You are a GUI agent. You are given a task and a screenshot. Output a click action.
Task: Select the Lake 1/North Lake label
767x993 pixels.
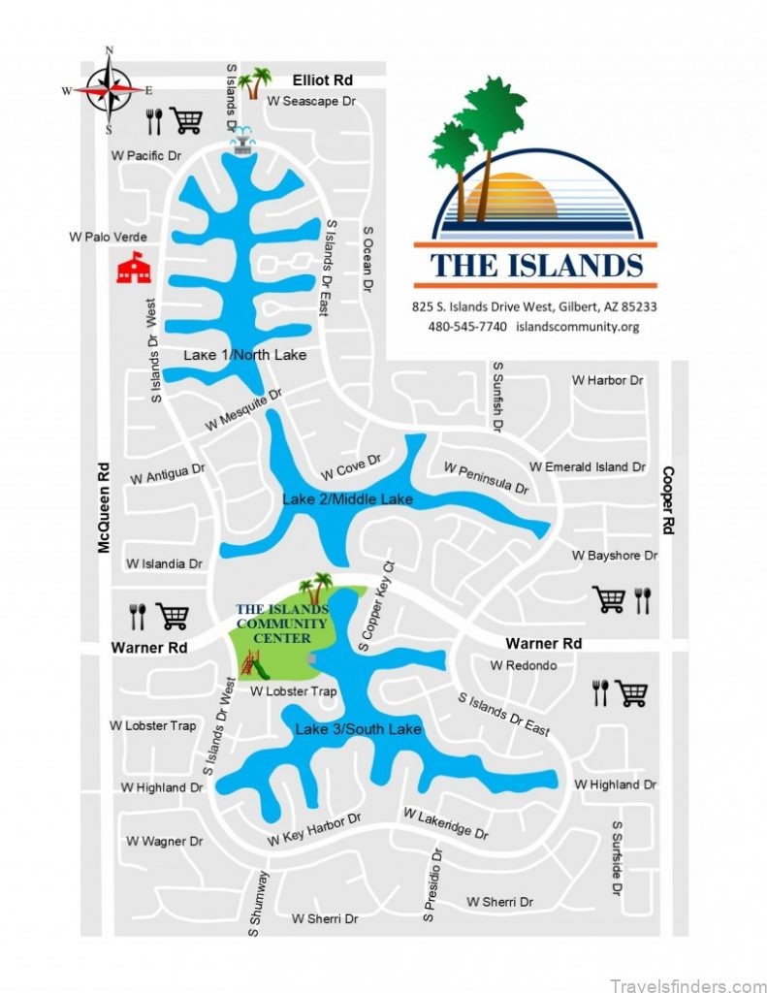pos(244,355)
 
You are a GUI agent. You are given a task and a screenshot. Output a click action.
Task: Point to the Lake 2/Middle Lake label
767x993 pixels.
pos(347,499)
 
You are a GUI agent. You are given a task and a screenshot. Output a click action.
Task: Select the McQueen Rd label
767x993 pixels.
pos(104,506)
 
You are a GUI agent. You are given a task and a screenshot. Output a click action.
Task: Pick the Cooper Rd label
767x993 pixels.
pos(667,500)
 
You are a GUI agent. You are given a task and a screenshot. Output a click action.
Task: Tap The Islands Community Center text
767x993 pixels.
pos(281,624)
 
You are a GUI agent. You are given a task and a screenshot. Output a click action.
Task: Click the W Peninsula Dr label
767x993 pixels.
pos(486,478)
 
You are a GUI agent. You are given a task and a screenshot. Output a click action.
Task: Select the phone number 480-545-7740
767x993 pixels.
pos(467,326)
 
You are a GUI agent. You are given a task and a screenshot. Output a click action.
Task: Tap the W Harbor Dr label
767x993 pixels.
pos(607,380)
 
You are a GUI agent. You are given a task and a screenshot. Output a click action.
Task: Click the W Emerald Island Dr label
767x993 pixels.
pos(587,466)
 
